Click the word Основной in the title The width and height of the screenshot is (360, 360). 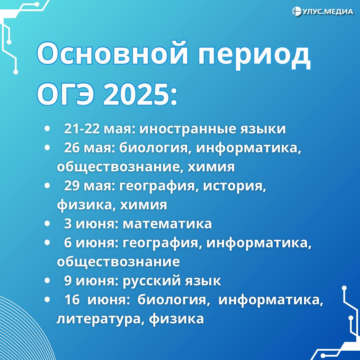point(112,53)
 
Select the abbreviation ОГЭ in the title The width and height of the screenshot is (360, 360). point(66,94)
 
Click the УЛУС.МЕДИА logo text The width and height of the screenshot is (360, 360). point(328,12)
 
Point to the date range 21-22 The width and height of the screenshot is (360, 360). point(82,129)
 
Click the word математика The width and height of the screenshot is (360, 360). point(167,224)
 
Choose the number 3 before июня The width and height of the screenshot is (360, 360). point(68,224)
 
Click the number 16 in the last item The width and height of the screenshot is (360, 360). point(72,299)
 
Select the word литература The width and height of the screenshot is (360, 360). point(98,319)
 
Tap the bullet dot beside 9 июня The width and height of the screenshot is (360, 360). point(47,281)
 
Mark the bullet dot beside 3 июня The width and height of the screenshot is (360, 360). point(47,224)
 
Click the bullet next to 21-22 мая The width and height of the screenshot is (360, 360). point(47,129)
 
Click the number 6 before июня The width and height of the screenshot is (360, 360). point(68,243)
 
